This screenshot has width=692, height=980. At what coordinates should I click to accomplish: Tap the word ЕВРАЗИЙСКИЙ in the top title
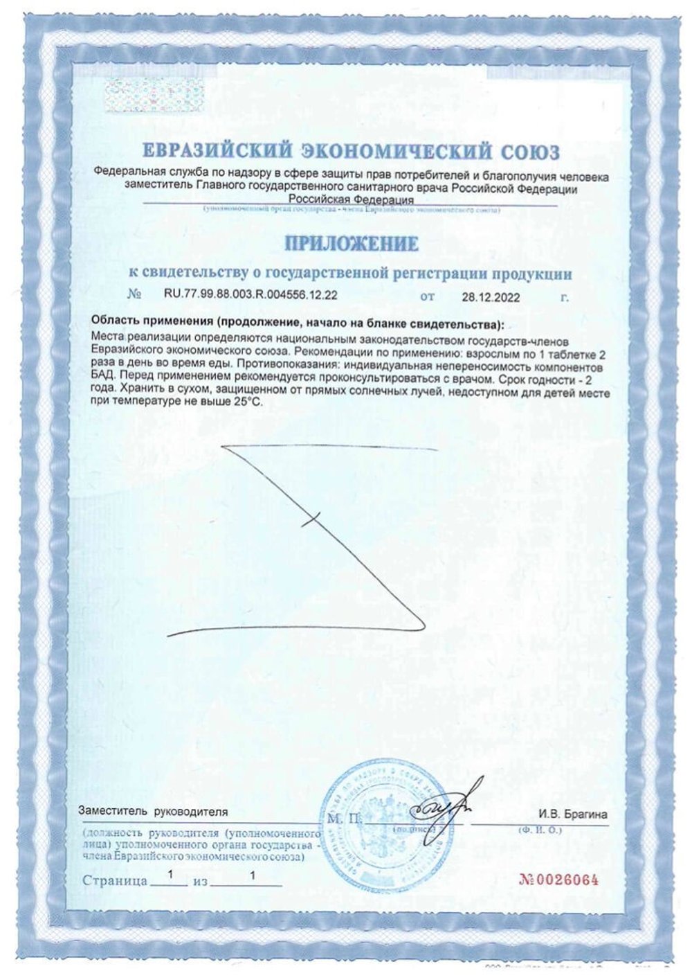216,151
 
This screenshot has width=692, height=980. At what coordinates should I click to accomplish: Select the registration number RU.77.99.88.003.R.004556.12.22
251,295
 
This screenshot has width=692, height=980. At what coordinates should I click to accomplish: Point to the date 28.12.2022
491,296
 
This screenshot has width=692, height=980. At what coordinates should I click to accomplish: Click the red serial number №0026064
558,880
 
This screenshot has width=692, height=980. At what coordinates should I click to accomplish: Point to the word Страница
115,882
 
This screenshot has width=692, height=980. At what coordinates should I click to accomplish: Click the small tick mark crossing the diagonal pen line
313,518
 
